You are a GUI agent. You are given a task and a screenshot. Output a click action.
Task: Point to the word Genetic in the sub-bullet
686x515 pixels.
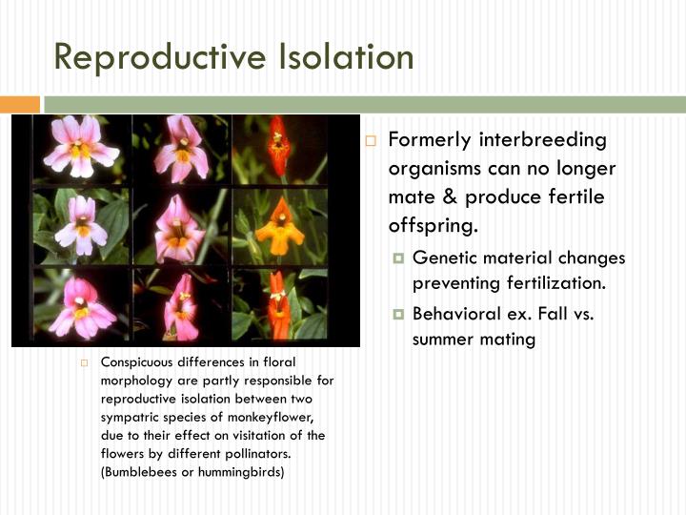[442, 258]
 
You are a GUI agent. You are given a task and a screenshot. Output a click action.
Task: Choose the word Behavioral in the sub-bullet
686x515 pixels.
[454, 314]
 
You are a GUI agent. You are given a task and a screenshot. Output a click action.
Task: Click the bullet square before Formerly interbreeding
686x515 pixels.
[372, 141]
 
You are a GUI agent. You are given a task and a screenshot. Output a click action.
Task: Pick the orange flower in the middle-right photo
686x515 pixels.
[278, 231]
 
